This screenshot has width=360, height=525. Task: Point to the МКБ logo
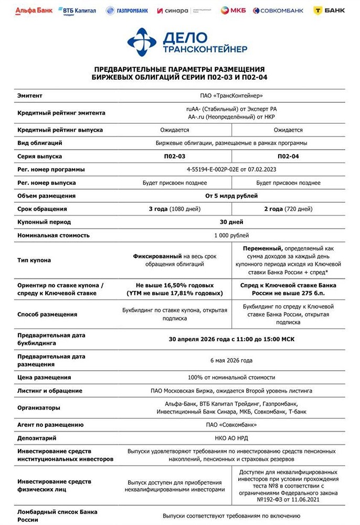(x=232, y=10)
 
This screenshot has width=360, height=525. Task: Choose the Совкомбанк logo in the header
(x=278, y=10)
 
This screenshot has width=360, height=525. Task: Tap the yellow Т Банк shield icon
(x=319, y=10)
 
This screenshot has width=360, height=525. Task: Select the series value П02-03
(x=175, y=156)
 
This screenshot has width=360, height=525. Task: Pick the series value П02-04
(x=288, y=156)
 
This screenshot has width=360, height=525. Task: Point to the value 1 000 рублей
(x=231, y=235)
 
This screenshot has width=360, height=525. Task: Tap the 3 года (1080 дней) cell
(x=175, y=209)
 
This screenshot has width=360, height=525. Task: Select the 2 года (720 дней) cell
(x=288, y=209)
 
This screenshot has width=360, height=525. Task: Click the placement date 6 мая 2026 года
(x=231, y=361)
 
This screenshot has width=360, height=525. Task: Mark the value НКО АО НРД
(x=231, y=438)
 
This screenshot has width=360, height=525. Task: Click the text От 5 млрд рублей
(x=231, y=196)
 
